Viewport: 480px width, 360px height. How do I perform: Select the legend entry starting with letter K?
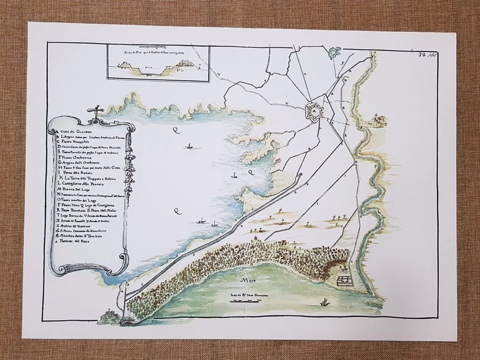(x=89, y=176)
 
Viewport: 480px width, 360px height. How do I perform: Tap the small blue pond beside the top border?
(x=335, y=52)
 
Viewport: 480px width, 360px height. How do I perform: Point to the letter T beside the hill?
(x=386, y=125)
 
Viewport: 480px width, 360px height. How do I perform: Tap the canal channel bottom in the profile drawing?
(x=152, y=75)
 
